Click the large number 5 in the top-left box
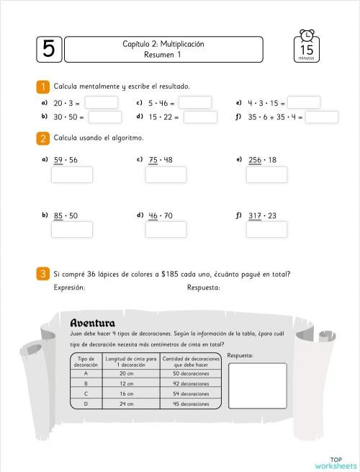tap(48, 49)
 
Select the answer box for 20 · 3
tap(101, 102)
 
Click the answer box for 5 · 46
tap(194, 102)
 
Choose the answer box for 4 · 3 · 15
tap(304, 102)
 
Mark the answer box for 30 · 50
tap(104, 117)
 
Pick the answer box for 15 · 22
tap(200, 117)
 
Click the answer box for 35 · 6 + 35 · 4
tap(321, 117)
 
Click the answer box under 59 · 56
tap(72, 174)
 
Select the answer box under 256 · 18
tap(266, 174)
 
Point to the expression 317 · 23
tap(262, 215)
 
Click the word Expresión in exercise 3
tap(70, 288)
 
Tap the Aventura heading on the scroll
tap(93, 322)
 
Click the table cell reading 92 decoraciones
tap(191, 383)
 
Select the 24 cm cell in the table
tap(126, 404)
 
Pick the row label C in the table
tap(86, 393)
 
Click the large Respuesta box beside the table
tap(257, 386)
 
